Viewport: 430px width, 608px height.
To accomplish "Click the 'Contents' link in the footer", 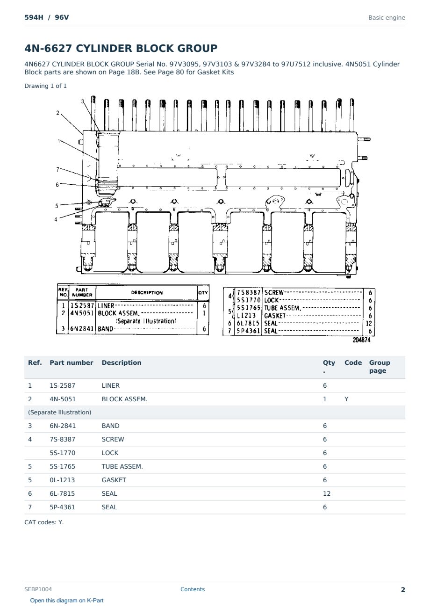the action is [x=193, y=589].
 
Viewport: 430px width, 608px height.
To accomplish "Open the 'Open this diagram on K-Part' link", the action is [x=67, y=600].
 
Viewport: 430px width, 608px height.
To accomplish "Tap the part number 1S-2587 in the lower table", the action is [x=63, y=385].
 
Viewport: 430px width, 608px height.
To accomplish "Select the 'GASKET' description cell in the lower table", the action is [x=114, y=480].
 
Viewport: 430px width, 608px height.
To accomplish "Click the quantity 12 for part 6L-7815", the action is [x=327, y=493].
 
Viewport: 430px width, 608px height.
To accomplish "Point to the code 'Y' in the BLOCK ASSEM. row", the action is [x=346, y=399].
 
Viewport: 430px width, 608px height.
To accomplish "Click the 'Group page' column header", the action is [x=380, y=366].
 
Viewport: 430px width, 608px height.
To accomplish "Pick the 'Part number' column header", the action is [x=72, y=362].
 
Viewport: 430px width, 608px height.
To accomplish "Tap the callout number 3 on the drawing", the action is [x=83, y=101].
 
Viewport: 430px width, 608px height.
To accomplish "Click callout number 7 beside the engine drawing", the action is [x=57, y=170].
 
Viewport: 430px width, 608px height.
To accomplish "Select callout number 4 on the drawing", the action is [x=56, y=219].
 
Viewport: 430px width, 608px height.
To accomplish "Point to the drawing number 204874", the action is [x=361, y=340].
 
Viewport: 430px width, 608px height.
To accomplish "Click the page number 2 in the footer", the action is [x=403, y=590].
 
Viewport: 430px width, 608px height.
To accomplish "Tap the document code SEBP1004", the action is [x=38, y=589].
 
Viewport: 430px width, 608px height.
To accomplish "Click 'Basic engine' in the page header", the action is [x=387, y=18].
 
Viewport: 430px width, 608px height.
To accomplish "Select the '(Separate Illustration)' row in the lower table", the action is [x=59, y=413].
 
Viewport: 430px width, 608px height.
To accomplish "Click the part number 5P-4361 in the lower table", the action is [x=62, y=507].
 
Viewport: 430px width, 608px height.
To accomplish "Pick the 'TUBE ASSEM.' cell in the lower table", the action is [x=122, y=466].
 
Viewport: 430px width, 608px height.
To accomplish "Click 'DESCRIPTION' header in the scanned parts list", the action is [x=147, y=293].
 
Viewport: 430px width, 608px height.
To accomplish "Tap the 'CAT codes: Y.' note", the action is [x=44, y=522].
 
